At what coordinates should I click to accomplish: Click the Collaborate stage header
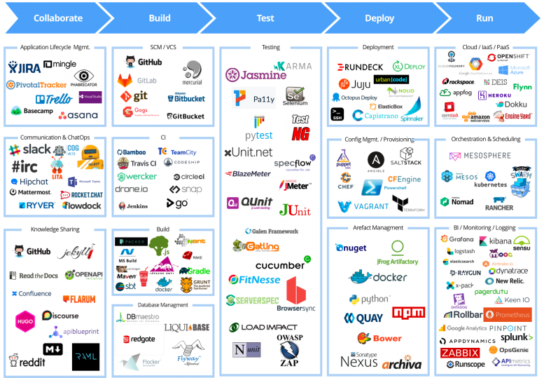57,18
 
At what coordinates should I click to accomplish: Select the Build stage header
160,18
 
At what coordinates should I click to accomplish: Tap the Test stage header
265,18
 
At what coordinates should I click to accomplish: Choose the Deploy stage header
379,18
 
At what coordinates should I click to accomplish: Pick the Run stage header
484,18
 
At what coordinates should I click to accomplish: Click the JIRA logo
25,67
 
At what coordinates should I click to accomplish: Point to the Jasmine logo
256,74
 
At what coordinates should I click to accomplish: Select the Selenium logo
295,96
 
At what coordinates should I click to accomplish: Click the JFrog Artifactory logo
397,252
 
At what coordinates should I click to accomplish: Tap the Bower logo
379,338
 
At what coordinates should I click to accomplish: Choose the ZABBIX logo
460,353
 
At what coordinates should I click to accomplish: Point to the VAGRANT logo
363,206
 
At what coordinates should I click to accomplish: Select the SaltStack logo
410,156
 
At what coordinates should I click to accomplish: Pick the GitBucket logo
186,116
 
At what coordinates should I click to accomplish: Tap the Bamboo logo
132,151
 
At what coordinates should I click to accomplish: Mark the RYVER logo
37,205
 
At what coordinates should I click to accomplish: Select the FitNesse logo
255,280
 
